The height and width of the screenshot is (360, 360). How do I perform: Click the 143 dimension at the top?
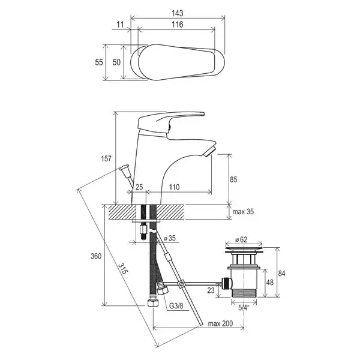pyautogui.click(x=178, y=13)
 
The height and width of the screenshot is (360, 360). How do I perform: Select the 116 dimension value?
pyautogui.click(x=178, y=25)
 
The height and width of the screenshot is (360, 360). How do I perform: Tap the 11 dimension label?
pyautogui.click(x=120, y=25)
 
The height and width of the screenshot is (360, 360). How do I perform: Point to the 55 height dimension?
pyautogui.click(x=99, y=62)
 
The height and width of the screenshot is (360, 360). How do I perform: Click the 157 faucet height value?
pyautogui.click(x=106, y=158)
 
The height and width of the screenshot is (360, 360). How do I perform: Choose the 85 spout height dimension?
pyautogui.click(x=233, y=179)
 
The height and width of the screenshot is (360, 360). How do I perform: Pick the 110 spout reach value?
pyautogui.click(x=174, y=187)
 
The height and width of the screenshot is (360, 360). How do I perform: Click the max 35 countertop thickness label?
pyautogui.click(x=243, y=211)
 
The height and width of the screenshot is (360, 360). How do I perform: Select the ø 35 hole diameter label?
pyautogui.click(x=170, y=238)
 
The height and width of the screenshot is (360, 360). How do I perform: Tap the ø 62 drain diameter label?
pyautogui.click(x=241, y=239)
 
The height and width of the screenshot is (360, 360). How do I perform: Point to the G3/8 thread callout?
pyautogui.click(x=176, y=306)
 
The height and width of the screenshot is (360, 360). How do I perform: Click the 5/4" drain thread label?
pyautogui.click(x=244, y=307)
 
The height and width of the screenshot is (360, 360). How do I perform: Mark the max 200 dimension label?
pyautogui.click(x=220, y=323)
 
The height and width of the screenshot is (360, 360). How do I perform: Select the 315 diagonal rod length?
pyautogui.click(x=122, y=268)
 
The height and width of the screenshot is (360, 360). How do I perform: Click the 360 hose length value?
pyautogui.click(x=96, y=256)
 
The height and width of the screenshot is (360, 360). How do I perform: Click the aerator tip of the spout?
pyautogui.click(x=209, y=151)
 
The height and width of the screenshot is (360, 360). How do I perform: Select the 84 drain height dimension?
pyautogui.click(x=281, y=273)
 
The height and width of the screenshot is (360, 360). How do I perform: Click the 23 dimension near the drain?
pyautogui.click(x=211, y=290)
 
